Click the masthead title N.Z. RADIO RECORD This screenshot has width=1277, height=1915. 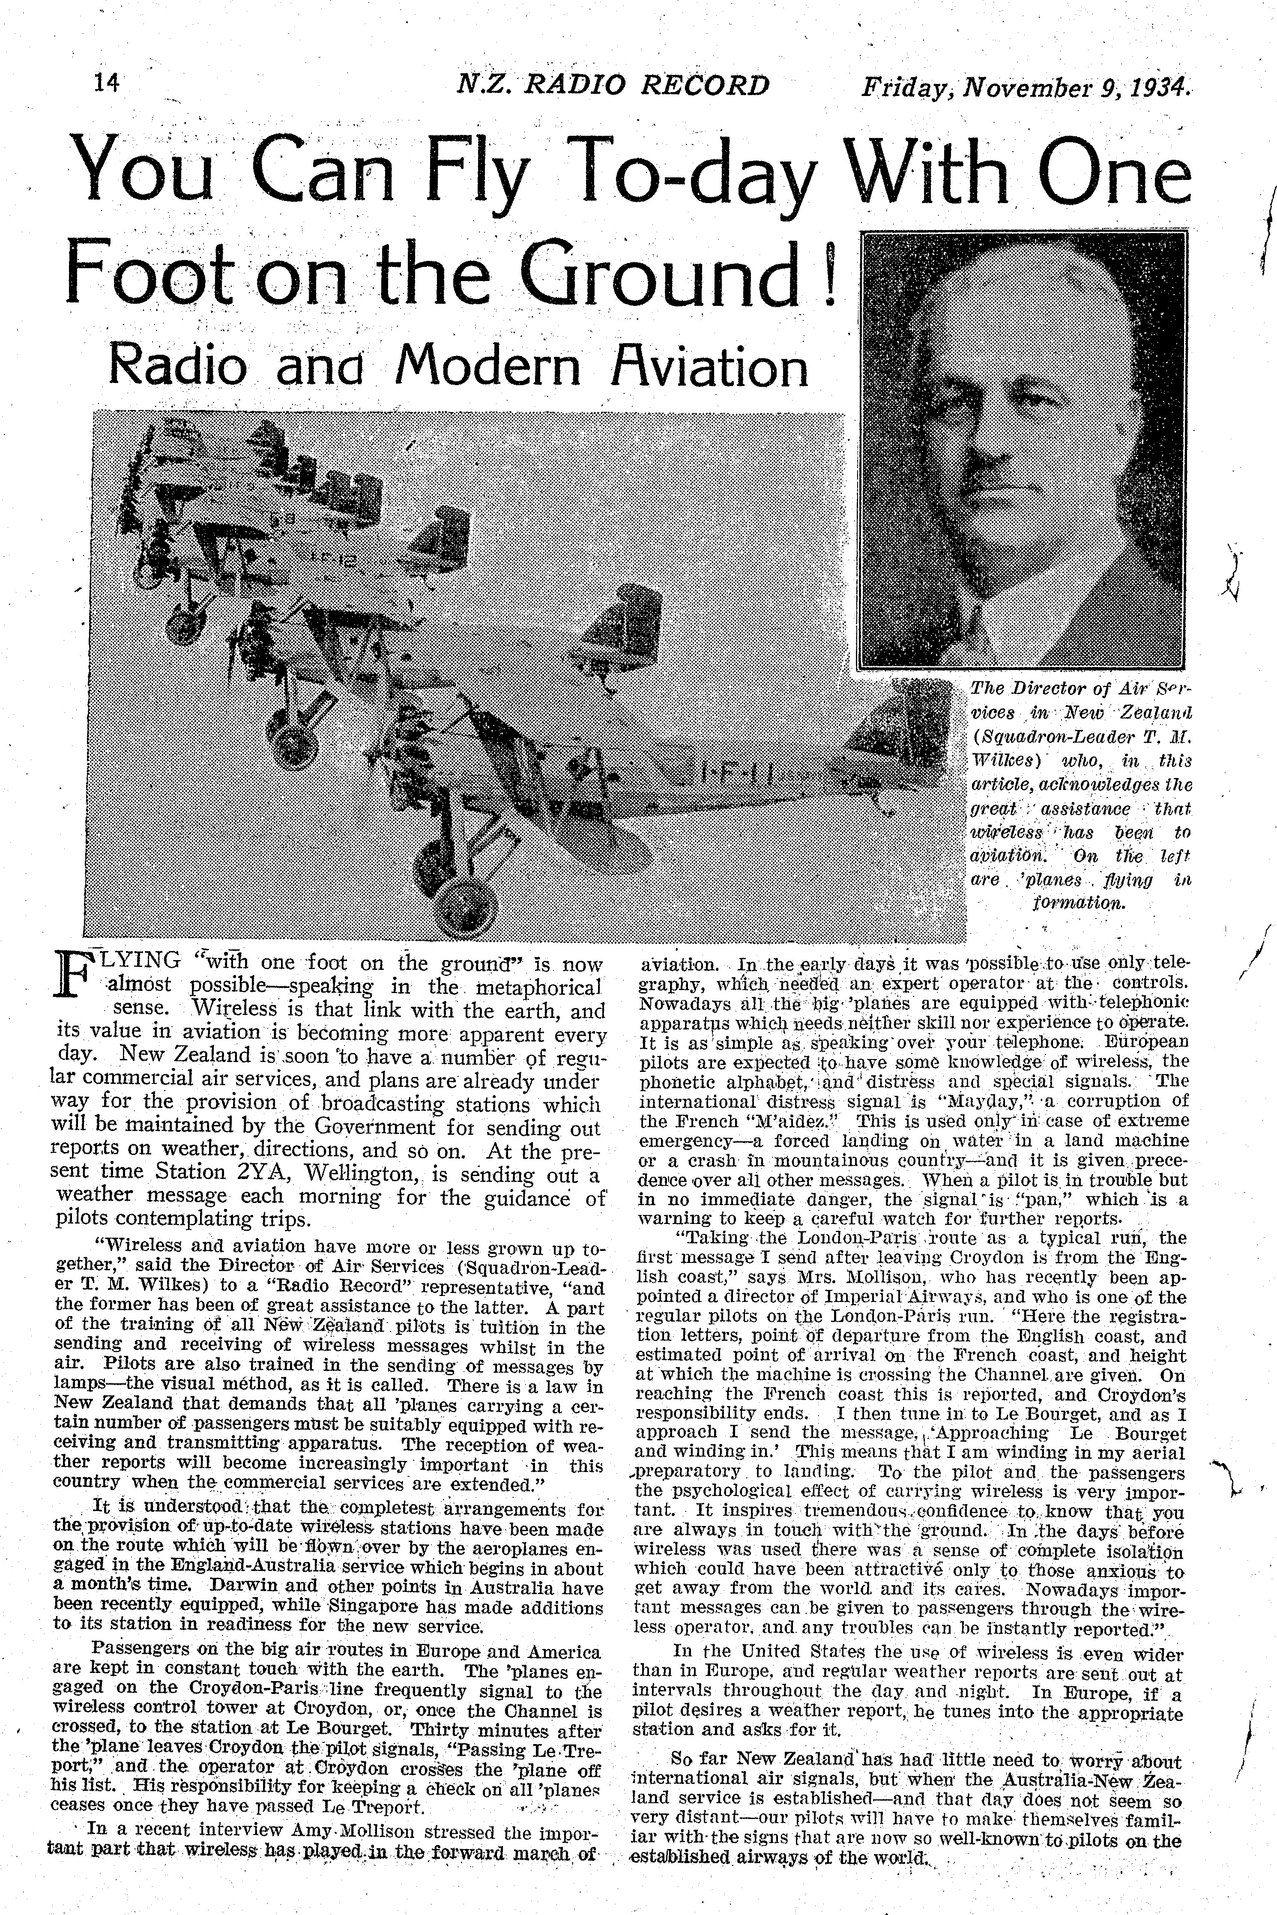tap(613, 85)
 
